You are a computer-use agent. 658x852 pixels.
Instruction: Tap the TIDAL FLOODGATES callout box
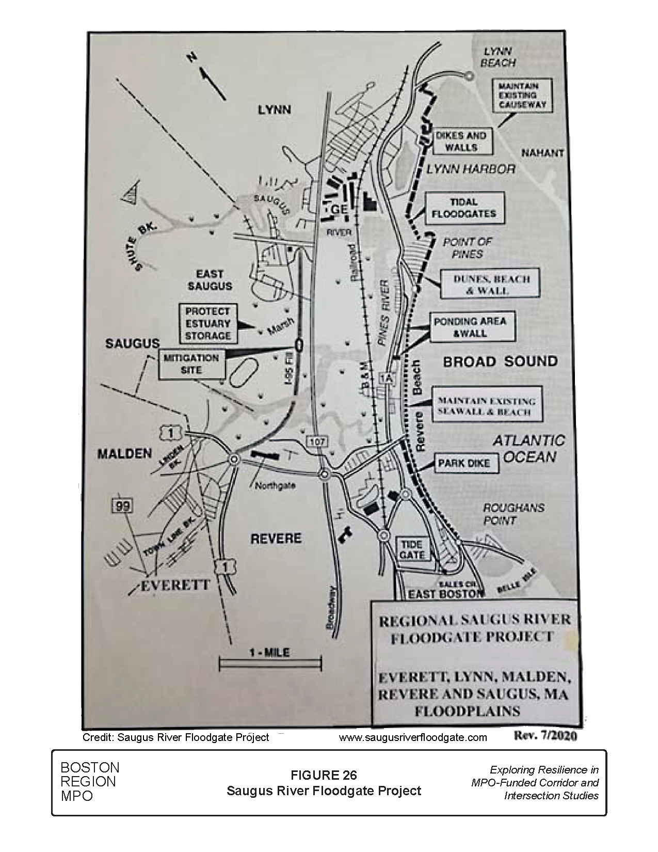[464, 208]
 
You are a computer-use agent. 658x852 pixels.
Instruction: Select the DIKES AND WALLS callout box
[461, 141]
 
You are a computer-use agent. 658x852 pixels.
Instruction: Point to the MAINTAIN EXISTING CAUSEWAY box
[521, 96]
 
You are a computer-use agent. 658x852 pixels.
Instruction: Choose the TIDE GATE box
[412, 550]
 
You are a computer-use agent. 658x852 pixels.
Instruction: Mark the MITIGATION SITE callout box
[191, 364]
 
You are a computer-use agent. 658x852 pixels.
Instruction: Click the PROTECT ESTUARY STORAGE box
[208, 324]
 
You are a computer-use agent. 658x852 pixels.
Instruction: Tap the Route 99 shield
[123, 507]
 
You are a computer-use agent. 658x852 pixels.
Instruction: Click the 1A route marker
[386, 378]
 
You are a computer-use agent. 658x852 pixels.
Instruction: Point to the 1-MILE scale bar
[270, 662]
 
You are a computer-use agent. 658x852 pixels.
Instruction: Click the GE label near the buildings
[338, 210]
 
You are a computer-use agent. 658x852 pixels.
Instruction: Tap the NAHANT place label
[542, 153]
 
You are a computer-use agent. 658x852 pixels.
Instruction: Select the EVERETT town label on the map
[175, 585]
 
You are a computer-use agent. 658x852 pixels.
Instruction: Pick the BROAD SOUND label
[500, 361]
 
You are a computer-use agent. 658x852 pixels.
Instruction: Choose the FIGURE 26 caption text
[324, 775]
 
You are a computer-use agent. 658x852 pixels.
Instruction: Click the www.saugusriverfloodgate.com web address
[413, 737]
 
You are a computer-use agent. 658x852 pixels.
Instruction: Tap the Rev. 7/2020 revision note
[545, 736]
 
